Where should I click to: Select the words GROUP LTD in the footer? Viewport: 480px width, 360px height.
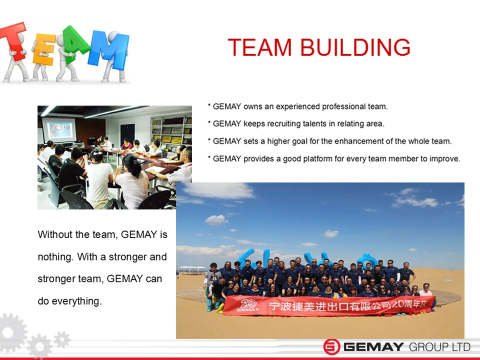coord(439,347)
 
